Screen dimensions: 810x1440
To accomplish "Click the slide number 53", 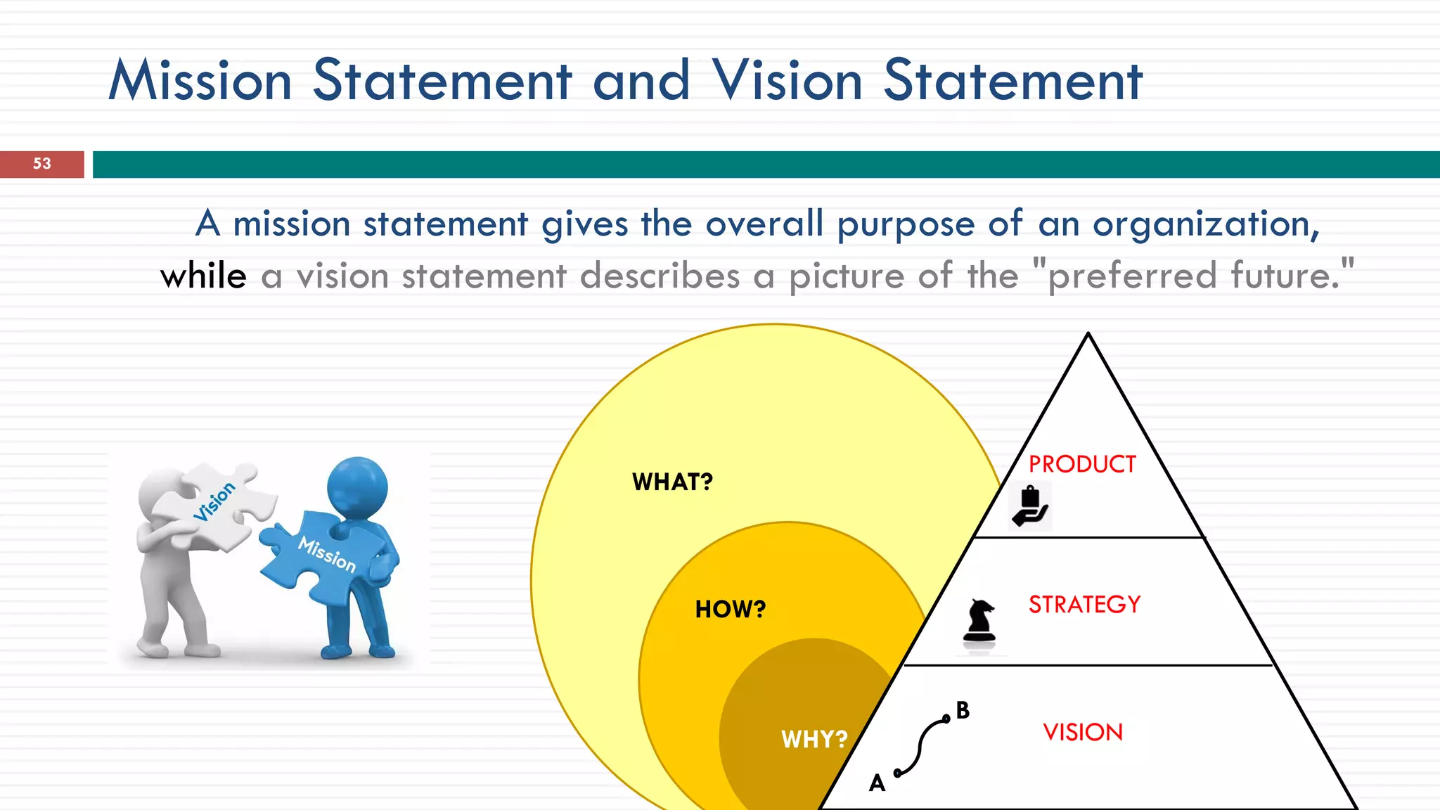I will [42, 164].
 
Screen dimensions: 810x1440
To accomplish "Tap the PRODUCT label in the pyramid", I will [1082, 465].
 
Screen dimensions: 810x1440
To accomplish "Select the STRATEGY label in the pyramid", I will [1084, 605].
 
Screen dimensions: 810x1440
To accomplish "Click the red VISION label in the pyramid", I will [1083, 733].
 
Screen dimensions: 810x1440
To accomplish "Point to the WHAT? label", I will [672, 482].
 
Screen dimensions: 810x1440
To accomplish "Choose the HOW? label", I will [731, 610].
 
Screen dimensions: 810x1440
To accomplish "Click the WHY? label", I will [814, 740].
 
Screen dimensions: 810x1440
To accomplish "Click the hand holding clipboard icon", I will [1030, 506].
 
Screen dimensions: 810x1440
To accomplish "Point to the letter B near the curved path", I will [963, 711].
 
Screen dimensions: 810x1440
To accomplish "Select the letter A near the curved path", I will [877, 783].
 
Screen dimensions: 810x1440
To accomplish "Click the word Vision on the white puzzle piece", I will [214, 501].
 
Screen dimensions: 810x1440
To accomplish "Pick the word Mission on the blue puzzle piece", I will [328, 554].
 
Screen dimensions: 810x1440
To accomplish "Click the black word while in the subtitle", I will [203, 276].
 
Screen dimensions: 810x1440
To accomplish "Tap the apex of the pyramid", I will [1088, 335].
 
